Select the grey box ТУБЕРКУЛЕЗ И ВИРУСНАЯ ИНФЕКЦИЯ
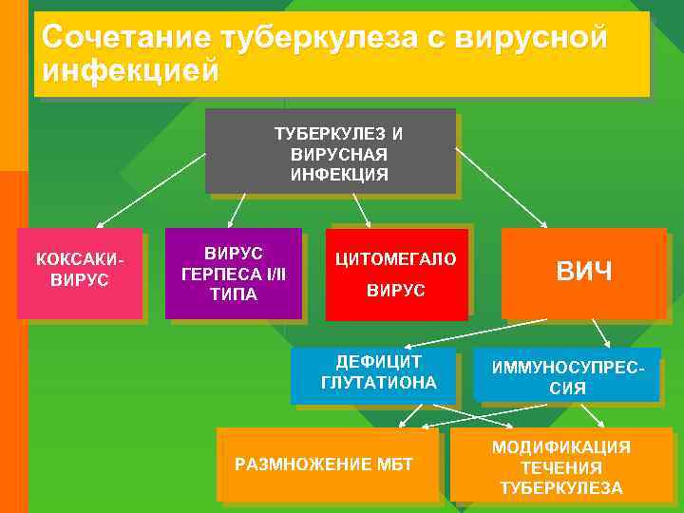pos(330,151)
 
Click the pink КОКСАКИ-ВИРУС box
pos(80,274)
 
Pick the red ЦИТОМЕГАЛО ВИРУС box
pos(396,274)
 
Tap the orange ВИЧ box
pos(583,274)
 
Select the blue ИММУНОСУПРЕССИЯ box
pos(567,377)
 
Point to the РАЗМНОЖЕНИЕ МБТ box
pos(328,464)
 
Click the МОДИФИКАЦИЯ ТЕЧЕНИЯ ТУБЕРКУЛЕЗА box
pos(560,466)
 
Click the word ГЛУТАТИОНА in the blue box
pos(379,383)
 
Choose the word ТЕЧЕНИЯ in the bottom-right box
pos(560,467)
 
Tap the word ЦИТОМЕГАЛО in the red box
pos(396,259)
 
